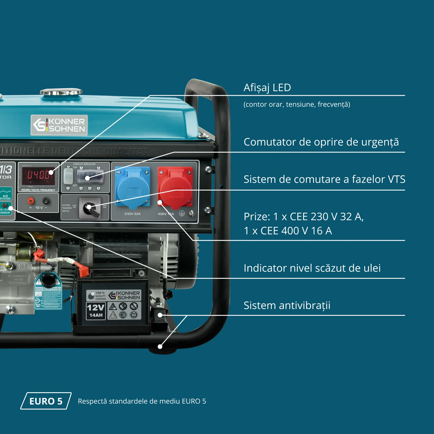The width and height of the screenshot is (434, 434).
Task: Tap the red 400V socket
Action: [x=175, y=187]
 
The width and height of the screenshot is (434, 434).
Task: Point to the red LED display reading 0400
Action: [x=38, y=175]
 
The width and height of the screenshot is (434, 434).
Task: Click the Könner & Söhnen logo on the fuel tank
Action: [x=59, y=125]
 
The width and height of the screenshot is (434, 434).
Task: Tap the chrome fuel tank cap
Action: [x=61, y=92]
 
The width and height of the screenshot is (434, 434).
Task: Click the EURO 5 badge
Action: [x=46, y=401]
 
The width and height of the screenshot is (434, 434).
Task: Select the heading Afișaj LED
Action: [x=267, y=87]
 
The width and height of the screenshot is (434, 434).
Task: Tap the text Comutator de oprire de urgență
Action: [x=321, y=142]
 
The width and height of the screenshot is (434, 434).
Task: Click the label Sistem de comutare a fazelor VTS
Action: [x=324, y=179]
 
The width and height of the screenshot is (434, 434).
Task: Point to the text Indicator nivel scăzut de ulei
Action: [x=312, y=268]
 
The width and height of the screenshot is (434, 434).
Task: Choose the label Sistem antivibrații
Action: [x=287, y=305]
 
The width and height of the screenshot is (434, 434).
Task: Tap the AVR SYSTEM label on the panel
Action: [x=5, y=197]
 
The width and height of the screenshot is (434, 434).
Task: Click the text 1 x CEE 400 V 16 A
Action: [x=288, y=231]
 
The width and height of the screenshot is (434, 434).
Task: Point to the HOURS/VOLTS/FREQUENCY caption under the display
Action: [x=38, y=190]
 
